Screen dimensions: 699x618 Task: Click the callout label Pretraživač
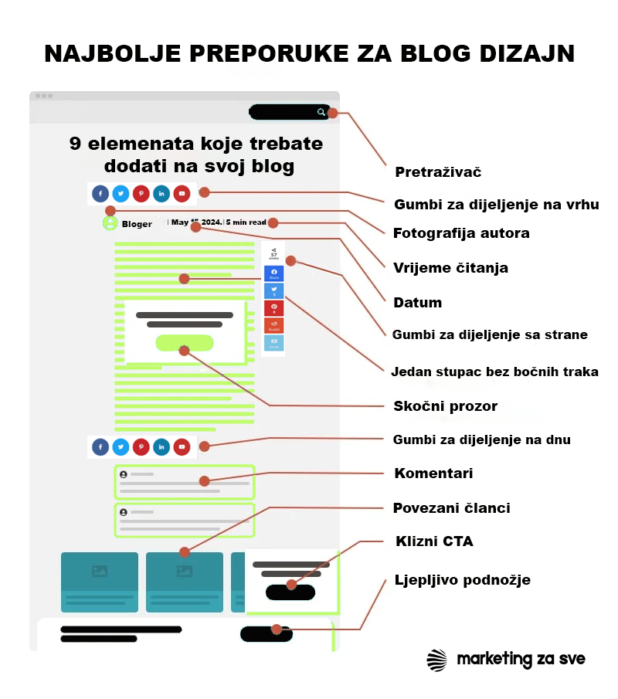[438, 172]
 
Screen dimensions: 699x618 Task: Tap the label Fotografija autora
[461, 233]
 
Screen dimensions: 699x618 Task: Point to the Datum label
[417, 303]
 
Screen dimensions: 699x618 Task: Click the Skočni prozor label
[446, 406]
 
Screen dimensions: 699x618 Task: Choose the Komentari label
[433, 473]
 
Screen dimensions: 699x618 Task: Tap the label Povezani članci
[451, 508]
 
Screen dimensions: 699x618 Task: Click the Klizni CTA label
[434, 541]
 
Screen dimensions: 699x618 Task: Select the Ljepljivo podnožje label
[462, 580]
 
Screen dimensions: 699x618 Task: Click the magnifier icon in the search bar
[321, 113]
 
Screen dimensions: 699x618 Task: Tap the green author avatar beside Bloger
[110, 223]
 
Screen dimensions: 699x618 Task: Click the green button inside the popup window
[184, 343]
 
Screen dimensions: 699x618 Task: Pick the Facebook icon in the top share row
[100, 194]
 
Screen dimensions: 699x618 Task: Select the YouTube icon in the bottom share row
[182, 447]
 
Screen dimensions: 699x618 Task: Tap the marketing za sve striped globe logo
[437, 660]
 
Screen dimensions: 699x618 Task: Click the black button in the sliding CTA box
[290, 592]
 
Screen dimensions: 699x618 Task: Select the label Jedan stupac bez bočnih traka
[495, 372]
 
